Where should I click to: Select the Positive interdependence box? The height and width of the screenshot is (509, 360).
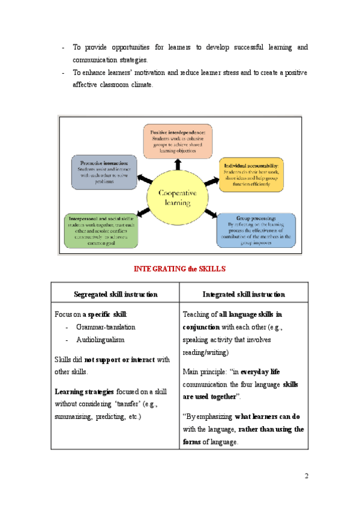point(177,141)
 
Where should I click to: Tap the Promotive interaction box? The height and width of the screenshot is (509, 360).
point(104,172)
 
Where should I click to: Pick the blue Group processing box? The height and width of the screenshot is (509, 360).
point(256,230)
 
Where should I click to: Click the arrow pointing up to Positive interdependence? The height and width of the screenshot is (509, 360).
point(178,163)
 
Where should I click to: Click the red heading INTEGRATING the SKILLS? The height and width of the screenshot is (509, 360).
point(179,268)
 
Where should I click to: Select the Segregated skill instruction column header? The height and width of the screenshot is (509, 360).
point(116,295)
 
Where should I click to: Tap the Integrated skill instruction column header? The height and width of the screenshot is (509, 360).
point(244,295)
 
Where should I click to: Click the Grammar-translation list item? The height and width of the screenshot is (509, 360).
point(106,327)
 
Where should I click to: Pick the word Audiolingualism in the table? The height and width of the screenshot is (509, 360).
point(100,340)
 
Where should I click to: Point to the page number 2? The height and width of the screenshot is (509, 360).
point(306,477)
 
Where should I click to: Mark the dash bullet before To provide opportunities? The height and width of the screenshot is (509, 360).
point(64,47)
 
